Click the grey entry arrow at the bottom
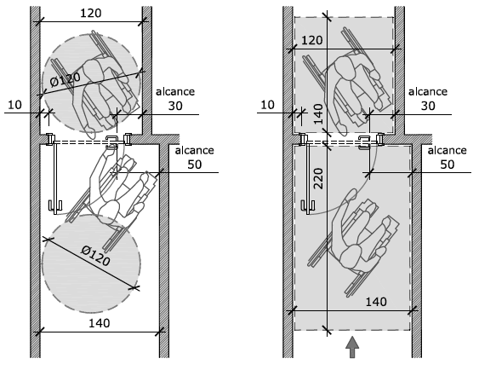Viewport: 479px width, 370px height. [352, 347]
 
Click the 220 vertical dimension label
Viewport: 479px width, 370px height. [318, 179]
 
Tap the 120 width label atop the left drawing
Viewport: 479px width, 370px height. [91, 14]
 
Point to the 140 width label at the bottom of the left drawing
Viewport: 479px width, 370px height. [99, 323]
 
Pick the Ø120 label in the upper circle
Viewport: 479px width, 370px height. [66, 79]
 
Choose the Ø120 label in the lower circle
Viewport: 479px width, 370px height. [95, 256]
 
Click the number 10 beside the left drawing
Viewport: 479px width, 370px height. [14, 105]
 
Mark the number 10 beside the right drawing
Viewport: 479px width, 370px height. [268, 105]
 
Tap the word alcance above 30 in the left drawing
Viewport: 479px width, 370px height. [175, 92]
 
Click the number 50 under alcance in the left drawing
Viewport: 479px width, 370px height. [195, 165]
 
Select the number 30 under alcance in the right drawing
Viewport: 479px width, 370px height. [428, 106]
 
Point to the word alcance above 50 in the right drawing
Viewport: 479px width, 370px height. [447, 151]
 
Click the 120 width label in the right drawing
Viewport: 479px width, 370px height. [312, 40]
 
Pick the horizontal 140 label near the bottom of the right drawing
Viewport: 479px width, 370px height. [376, 302]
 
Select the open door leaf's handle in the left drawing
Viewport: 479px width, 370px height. [55, 206]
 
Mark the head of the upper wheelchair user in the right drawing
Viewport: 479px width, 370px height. [345, 67]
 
